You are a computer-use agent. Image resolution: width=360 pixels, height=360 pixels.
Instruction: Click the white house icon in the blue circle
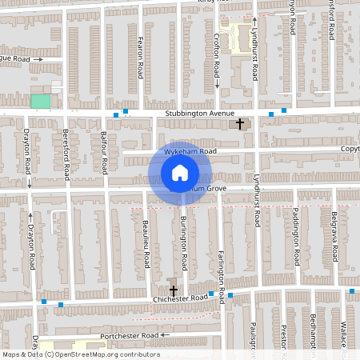(x=180, y=173)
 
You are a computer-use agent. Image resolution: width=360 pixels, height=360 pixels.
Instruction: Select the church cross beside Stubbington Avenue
(x=240, y=124)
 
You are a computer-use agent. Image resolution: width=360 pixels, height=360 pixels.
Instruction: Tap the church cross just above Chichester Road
(x=173, y=290)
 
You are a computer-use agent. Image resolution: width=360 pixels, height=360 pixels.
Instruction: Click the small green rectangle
(x=40, y=102)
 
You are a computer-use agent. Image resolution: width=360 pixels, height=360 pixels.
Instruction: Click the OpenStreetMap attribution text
(x=80, y=354)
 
